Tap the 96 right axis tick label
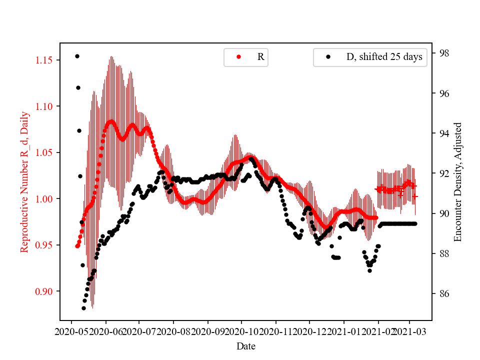tap(442, 93)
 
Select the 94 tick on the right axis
tap(442, 133)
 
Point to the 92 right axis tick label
tap(442, 173)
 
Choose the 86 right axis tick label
tap(442, 294)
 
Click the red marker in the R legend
tap(238, 57)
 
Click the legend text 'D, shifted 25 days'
tap(384, 57)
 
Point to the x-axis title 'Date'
tap(246, 346)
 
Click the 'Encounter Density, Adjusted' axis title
tap(457, 182)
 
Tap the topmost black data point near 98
tap(77, 56)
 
